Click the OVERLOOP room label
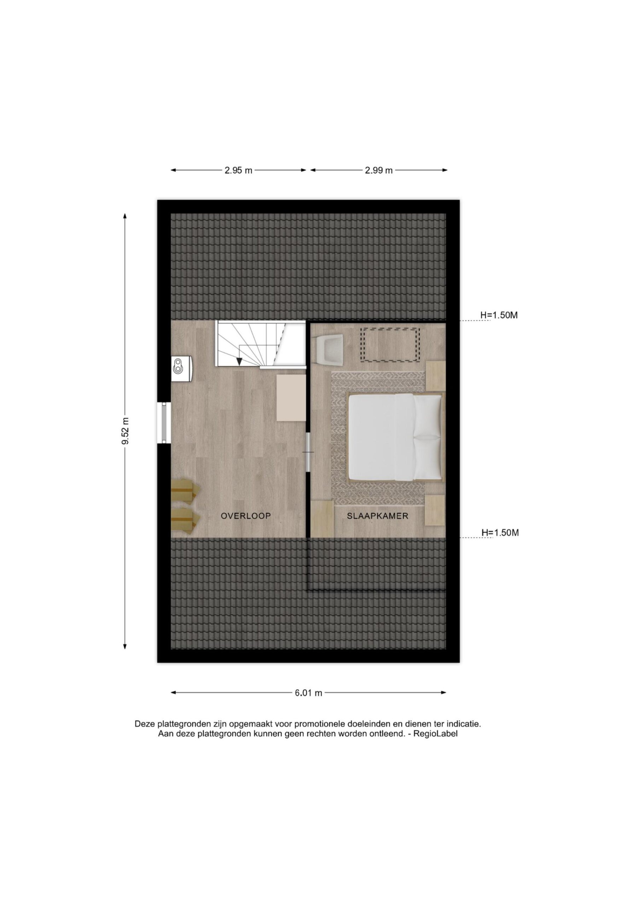click(x=246, y=516)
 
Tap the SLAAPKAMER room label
click(x=377, y=516)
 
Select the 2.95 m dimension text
click(x=239, y=170)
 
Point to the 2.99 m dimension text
click(x=379, y=170)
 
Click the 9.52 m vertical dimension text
click(x=126, y=431)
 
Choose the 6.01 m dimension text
click(x=309, y=693)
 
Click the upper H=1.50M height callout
click(x=499, y=315)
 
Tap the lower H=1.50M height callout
click(x=500, y=532)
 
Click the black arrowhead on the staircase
click(x=239, y=361)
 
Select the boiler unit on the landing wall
click(x=182, y=369)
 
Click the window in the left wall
click(x=164, y=422)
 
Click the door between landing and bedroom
click(x=308, y=452)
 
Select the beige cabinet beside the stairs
click(x=291, y=398)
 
